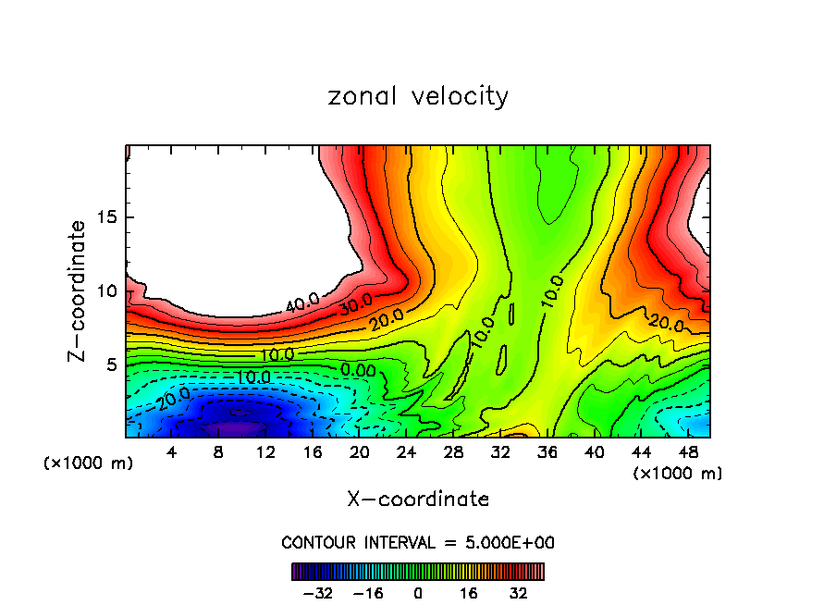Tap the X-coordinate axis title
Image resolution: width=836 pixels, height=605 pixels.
pyautogui.click(x=418, y=500)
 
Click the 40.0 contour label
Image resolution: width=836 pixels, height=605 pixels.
pyautogui.click(x=302, y=302)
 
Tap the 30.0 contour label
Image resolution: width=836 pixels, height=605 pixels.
pyautogui.click(x=355, y=302)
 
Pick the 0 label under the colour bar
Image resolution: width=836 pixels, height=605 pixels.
pyautogui.click(x=418, y=593)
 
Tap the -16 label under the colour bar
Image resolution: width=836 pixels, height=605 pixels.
pyautogui.click(x=368, y=593)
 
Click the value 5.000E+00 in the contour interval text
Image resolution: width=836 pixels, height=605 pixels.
pyautogui.click(x=508, y=542)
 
